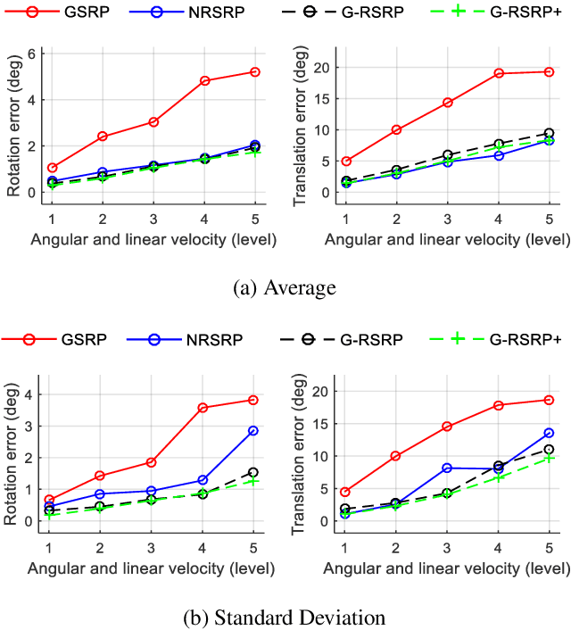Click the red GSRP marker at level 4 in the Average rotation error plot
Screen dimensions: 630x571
pyautogui.click(x=204, y=81)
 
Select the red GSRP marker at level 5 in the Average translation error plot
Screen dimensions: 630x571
pyautogui.click(x=549, y=71)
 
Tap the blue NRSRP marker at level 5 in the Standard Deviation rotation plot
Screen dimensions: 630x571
pyautogui.click(x=254, y=430)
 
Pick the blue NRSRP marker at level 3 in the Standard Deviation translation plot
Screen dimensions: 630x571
pyautogui.click(x=447, y=468)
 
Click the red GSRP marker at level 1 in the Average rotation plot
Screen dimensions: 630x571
pyautogui.click(x=52, y=168)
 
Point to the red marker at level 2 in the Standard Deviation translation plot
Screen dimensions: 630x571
pyautogui.click(x=396, y=456)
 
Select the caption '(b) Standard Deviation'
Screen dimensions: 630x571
pyautogui.click(x=285, y=618)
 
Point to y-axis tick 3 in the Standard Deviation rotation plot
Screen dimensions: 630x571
pyautogui.click(x=32, y=426)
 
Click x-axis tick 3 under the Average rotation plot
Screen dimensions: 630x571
pyautogui.click(x=153, y=219)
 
